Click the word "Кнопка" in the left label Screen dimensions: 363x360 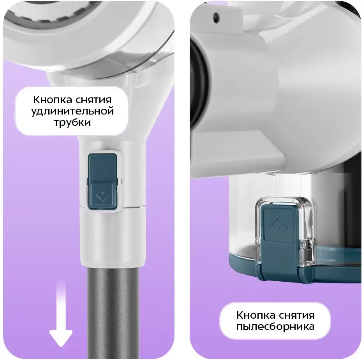52,100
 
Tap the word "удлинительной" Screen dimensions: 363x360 72,111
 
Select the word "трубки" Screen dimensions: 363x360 72,122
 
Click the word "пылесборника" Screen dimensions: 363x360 275,326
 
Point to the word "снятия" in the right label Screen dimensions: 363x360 297,315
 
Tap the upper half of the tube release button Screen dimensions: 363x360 102,167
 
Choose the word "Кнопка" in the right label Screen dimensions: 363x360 256,315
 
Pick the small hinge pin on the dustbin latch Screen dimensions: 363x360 308,244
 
